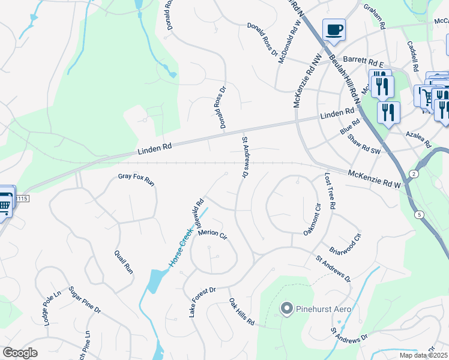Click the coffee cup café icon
(x=334, y=30)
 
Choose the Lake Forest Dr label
(x=202, y=302)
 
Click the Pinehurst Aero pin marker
(x=286, y=309)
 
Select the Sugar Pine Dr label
(x=84, y=299)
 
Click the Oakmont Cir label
(x=311, y=219)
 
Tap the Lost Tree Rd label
(x=330, y=191)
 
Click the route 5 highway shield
(x=419, y=214)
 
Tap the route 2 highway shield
(x=413, y=173)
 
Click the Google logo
(x=20, y=353)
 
